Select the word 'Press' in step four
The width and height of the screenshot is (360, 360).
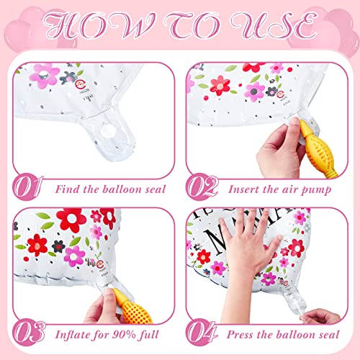coord(241,336)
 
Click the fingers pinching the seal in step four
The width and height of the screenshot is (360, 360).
coord(317,317)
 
